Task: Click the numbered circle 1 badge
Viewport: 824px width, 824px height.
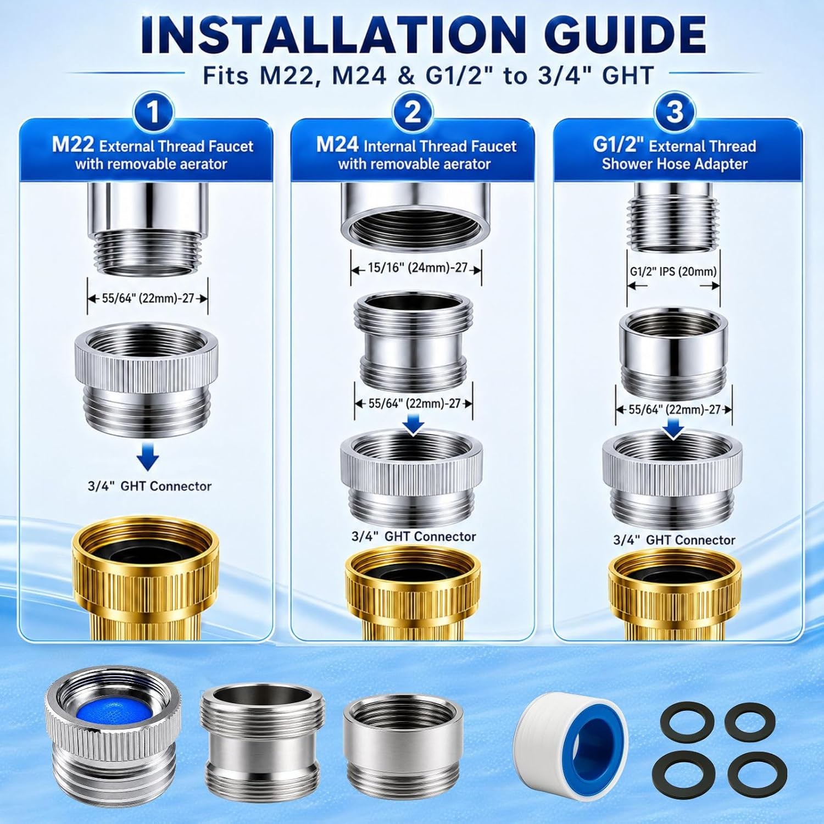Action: [x=153, y=112]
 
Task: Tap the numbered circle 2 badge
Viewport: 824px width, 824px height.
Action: [x=413, y=112]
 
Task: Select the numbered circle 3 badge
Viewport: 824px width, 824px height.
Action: [x=675, y=112]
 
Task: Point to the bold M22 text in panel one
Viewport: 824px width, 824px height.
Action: [x=73, y=145]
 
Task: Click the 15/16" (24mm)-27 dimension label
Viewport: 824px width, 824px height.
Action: [x=417, y=268]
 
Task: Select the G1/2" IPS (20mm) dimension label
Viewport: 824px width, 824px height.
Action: [x=673, y=271]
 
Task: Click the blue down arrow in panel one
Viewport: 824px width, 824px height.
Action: [x=147, y=458]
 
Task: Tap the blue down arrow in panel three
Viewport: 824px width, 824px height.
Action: [x=675, y=429]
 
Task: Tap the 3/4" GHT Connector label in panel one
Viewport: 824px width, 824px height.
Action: [x=149, y=486]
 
